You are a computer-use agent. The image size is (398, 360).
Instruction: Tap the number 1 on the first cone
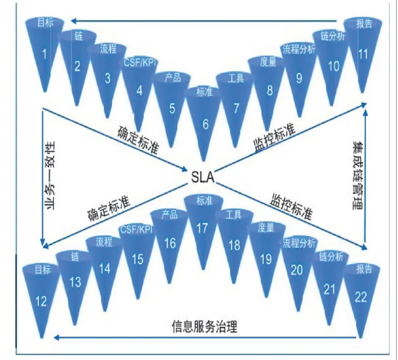click(44, 54)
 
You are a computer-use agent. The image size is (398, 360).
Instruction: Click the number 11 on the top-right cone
click(363, 54)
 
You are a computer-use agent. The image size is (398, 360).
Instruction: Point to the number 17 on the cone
click(202, 228)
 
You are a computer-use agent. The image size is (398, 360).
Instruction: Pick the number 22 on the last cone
click(361, 297)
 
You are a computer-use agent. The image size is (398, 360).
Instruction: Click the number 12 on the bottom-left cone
click(41, 301)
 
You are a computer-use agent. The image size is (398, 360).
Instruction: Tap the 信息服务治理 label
click(205, 327)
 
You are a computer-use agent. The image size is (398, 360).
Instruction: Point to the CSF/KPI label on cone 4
click(140, 63)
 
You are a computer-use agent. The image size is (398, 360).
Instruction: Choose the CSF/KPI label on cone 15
click(137, 230)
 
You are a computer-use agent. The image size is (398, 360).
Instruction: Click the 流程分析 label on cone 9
click(299, 50)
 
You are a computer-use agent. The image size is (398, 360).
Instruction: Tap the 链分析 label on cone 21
click(331, 258)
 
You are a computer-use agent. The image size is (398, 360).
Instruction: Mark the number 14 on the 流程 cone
click(105, 268)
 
